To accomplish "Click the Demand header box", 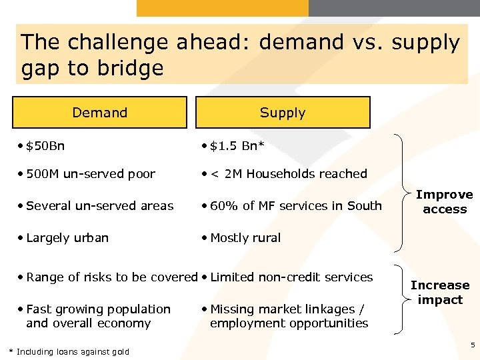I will (100, 113).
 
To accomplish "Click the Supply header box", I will (283, 113).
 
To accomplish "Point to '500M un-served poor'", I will (90, 174).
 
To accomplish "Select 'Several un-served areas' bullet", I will (99, 206).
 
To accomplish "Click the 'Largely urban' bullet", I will (67, 238).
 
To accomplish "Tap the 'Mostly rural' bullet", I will (245, 238).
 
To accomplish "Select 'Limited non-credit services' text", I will (291, 277).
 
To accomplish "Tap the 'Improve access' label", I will (445, 202).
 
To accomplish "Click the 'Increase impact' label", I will (440, 293).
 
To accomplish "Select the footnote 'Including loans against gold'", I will (73, 351).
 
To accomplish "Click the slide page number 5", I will (473, 345).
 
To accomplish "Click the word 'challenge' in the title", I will (114, 43).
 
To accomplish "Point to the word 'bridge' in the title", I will (131, 68).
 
